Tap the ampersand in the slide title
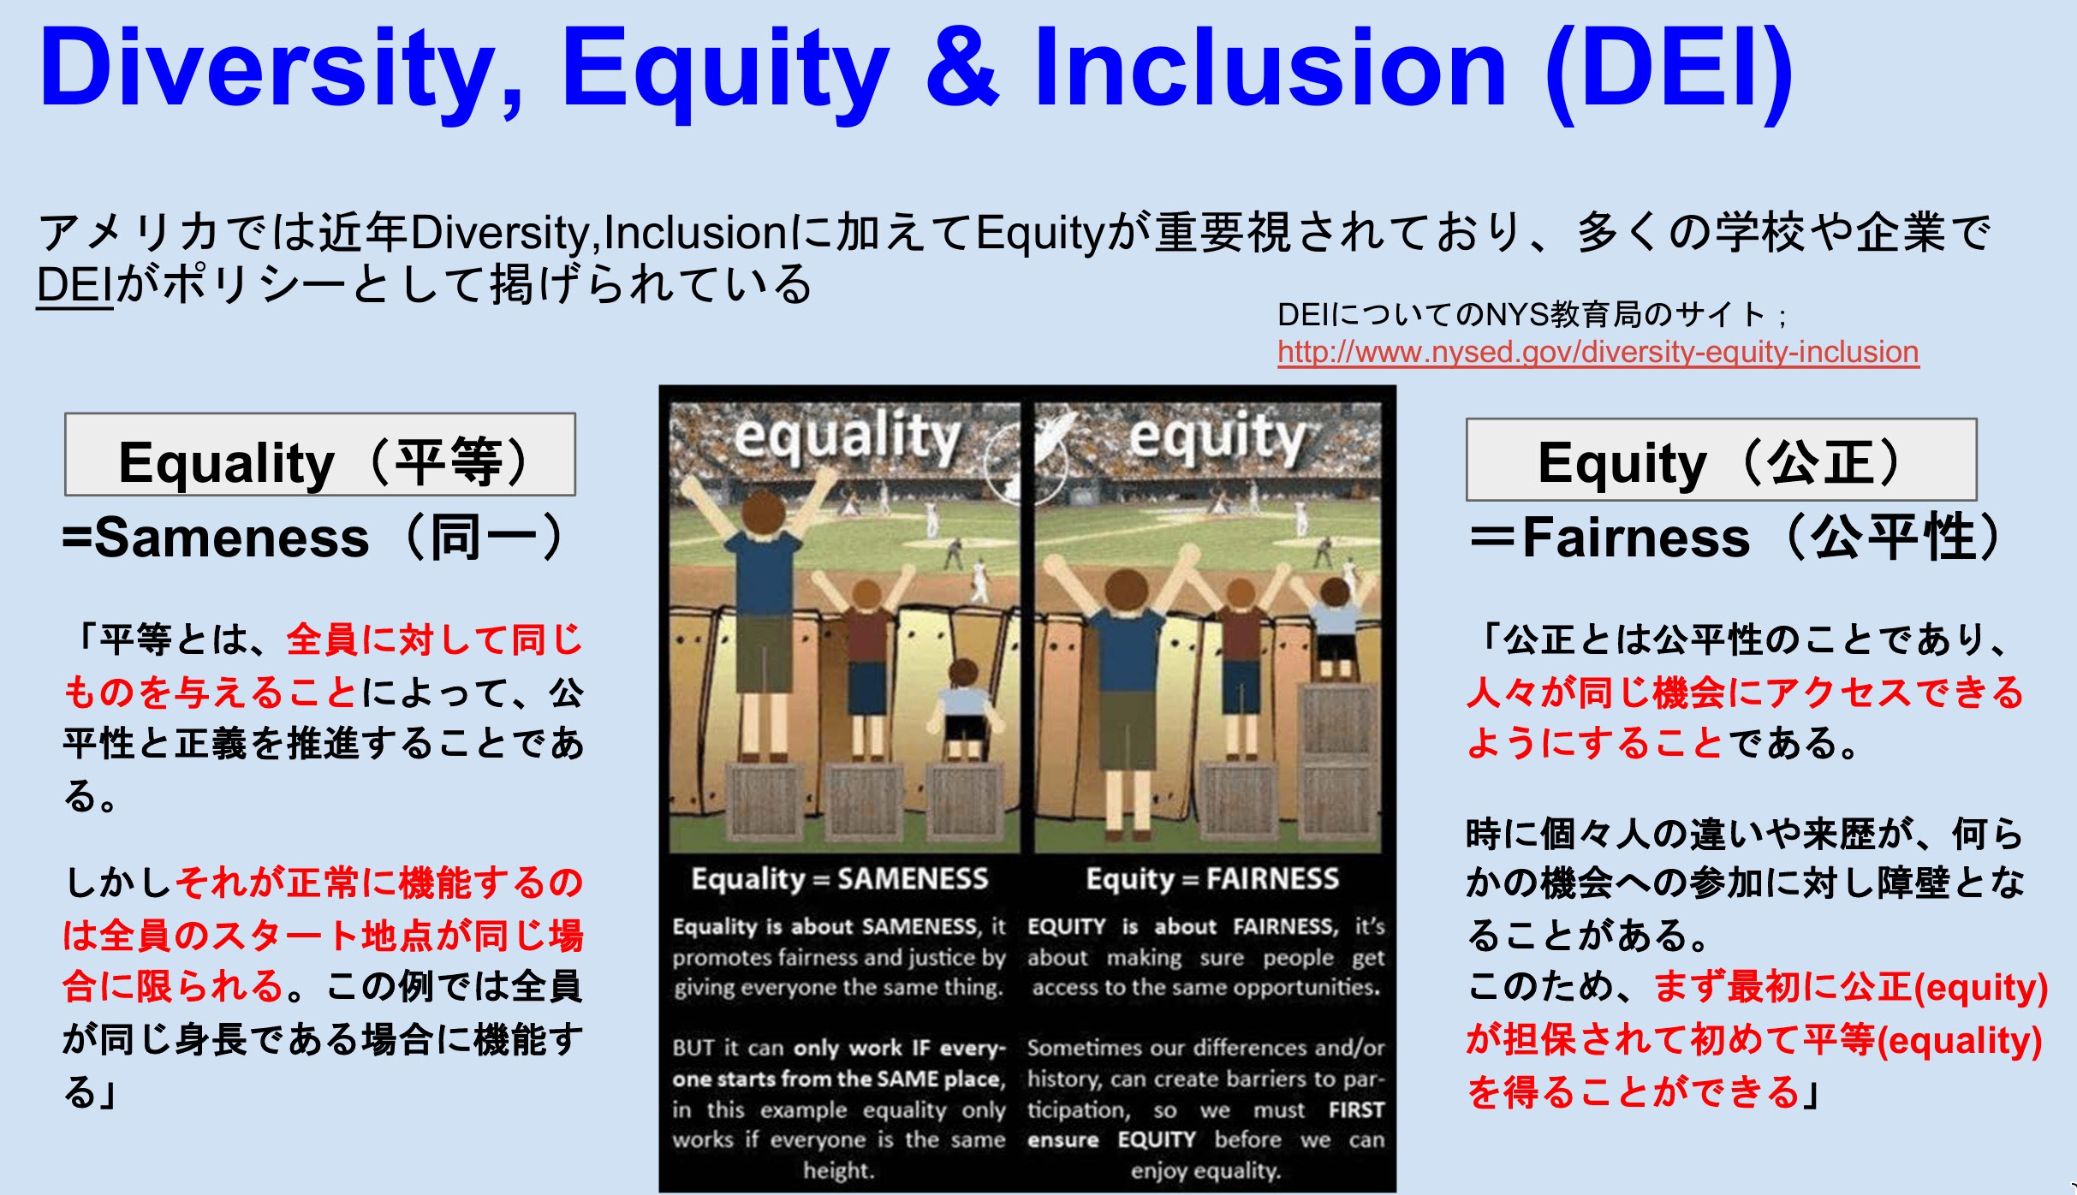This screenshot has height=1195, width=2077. [961, 67]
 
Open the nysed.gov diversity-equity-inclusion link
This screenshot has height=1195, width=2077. [1598, 352]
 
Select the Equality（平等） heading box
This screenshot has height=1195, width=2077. [320, 455]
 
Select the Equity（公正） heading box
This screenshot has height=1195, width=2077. [1721, 460]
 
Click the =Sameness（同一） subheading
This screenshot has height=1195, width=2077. [313, 538]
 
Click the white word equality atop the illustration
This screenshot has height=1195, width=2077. [847, 437]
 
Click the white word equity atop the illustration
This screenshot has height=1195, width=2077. [1217, 437]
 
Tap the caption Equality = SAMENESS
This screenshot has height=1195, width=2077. [839, 879]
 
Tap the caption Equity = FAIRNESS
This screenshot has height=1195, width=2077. [1212, 879]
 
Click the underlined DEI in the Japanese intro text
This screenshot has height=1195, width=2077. [75, 285]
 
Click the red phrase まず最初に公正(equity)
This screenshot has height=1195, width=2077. [1850, 987]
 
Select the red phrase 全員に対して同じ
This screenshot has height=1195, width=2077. [435, 640]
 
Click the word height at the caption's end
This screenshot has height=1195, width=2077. [838, 1170]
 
